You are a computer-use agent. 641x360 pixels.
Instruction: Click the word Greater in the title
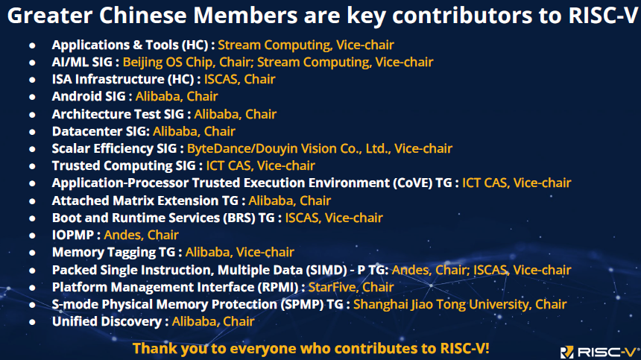tap(50, 16)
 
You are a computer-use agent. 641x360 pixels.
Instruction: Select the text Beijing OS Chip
tap(168, 62)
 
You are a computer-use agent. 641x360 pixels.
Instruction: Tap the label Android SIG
tap(89, 96)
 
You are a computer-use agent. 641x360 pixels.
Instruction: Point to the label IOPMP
tap(73, 235)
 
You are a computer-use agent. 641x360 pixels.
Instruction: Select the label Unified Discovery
tap(107, 321)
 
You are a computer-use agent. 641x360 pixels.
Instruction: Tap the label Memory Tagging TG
tap(113, 252)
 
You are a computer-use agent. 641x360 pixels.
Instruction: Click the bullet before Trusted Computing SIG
tap(32, 166)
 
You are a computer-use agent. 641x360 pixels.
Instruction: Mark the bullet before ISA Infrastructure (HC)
tap(32, 80)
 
